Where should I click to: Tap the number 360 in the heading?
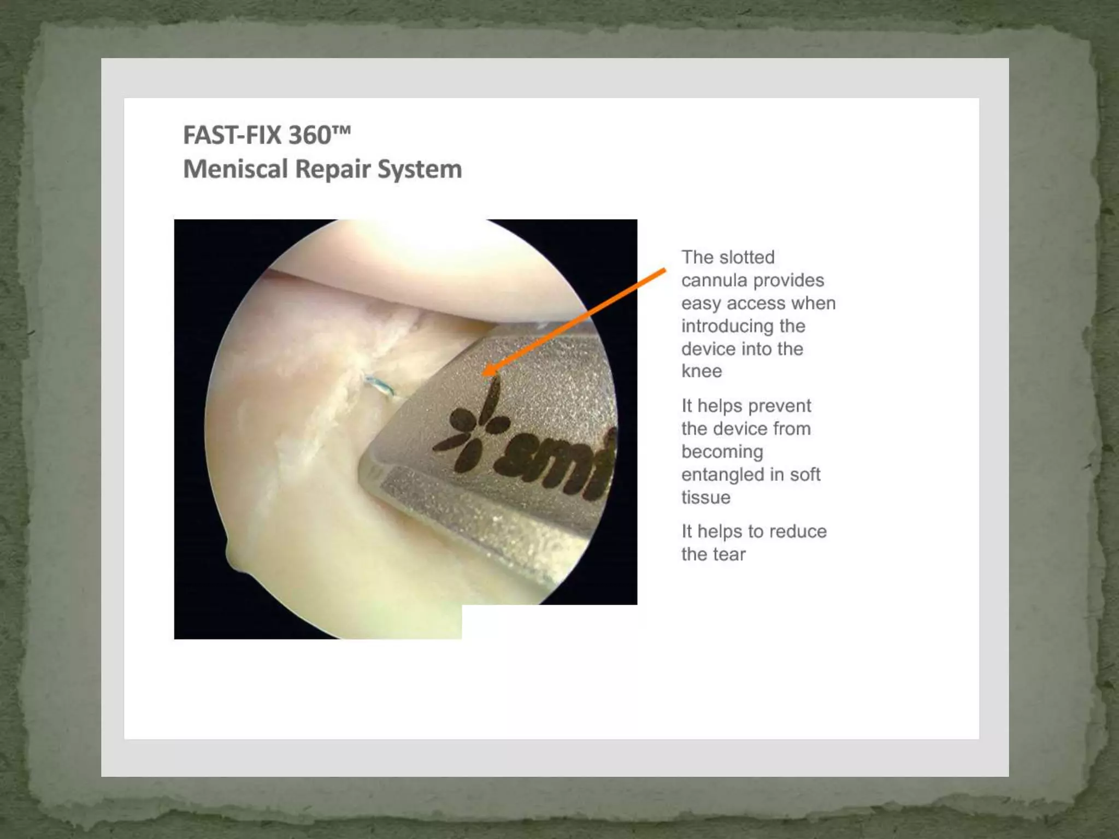coord(309,135)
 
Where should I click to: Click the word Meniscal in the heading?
coord(235,169)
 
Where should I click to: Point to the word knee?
coord(702,371)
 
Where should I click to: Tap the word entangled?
coord(722,475)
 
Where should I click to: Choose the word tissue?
coord(705,498)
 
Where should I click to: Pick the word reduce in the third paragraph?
coord(797,531)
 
